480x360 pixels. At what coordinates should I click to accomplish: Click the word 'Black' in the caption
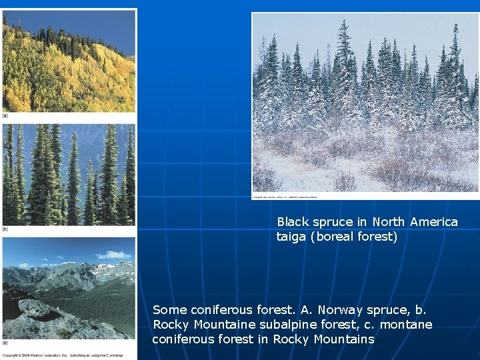[x=292, y=221]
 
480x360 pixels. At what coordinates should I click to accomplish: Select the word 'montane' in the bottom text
[x=408, y=325]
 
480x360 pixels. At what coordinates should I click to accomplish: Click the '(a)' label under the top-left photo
[x=5, y=116]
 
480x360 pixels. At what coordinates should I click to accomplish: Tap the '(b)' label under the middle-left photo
[x=5, y=229]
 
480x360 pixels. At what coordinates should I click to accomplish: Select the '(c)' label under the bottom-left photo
[x=5, y=343]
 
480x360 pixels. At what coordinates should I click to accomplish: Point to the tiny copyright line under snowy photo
[x=285, y=197]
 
